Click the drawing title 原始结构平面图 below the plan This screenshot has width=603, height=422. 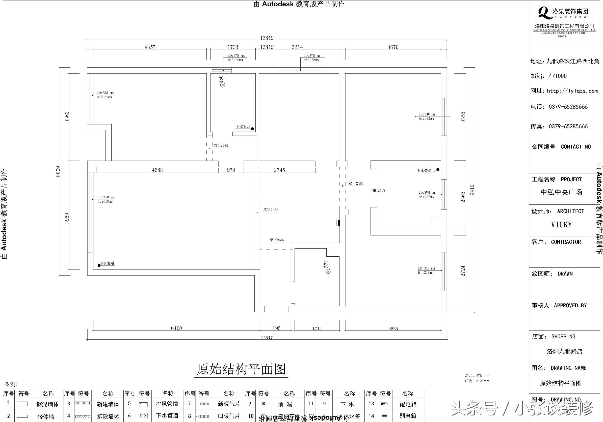(x=241, y=369)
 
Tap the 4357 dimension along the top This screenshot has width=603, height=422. (x=150, y=47)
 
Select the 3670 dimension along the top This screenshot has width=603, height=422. (x=393, y=47)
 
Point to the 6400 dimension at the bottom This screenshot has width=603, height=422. (x=176, y=328)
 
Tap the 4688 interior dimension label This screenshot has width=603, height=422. (x=157, y=170)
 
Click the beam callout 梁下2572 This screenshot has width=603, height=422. (x=221, y=145)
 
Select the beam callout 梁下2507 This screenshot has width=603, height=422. (x=277, y=240)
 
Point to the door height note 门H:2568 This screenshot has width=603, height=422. (x=378, y=190)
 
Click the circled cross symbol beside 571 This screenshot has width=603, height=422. (x=328, y=272)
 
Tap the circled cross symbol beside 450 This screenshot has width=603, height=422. (x=223, y=85)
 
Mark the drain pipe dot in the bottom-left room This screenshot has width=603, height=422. (x=99, y=265)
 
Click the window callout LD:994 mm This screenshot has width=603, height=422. (x=427, y=192)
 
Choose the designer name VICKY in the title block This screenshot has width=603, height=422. (x=561, y=225)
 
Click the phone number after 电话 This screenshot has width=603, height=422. (x=568, y=107)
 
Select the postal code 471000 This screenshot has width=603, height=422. (x=558, y=76)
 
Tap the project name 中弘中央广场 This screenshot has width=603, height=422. (x=561, y=192)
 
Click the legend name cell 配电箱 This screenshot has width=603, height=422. (x=408, y=404)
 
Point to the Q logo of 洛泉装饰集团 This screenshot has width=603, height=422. (x=545, y=13)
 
